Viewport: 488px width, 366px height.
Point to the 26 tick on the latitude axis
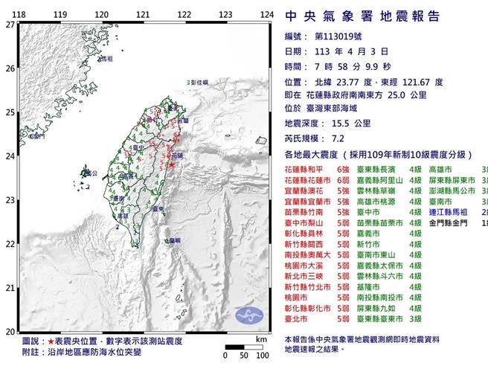tap(10, 68)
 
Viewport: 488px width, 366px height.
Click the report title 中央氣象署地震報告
tap(362, 17)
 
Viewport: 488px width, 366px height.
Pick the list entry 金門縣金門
tap(454, 222)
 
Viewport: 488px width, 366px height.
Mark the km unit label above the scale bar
tap(260, 338)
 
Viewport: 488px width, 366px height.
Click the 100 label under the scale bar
tap(261, 356)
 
